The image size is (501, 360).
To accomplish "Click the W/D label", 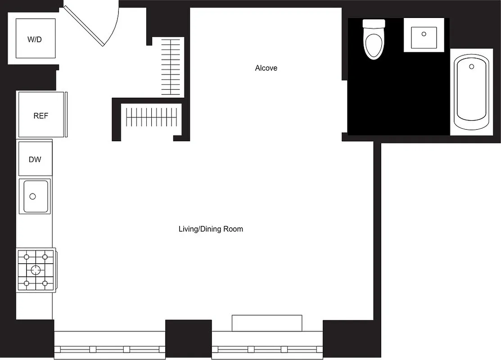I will [x=35, y=39].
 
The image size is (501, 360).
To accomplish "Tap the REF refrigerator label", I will [x=41, y=116].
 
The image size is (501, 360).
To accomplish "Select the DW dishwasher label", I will [x=35, y=159].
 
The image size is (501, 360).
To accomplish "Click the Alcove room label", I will [x=266, y=68].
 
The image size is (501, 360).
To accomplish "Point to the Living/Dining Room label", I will [x=211, y=229].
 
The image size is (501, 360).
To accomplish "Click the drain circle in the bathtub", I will [x=471, y=67].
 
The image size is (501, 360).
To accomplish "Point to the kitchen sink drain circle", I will [x=32, y=196].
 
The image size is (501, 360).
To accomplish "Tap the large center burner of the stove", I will [x=35, y=270].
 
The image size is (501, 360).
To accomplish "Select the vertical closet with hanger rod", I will [x=172, y=67].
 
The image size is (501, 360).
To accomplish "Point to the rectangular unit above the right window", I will [x=267, y=323].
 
